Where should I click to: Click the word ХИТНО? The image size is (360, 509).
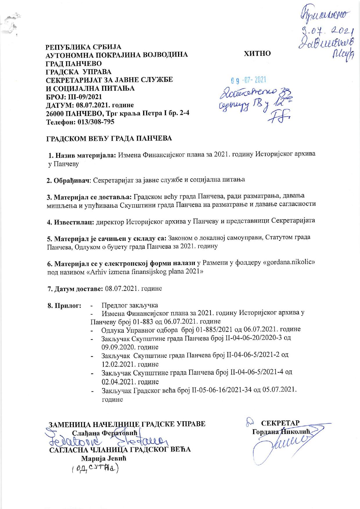[258, 54]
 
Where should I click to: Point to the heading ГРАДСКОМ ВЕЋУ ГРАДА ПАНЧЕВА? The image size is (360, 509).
[109, 139]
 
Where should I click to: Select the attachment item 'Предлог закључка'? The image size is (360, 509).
[129, 305]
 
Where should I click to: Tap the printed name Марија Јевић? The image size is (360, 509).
[104, 459]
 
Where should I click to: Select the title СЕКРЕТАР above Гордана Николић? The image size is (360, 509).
[280, 423]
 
